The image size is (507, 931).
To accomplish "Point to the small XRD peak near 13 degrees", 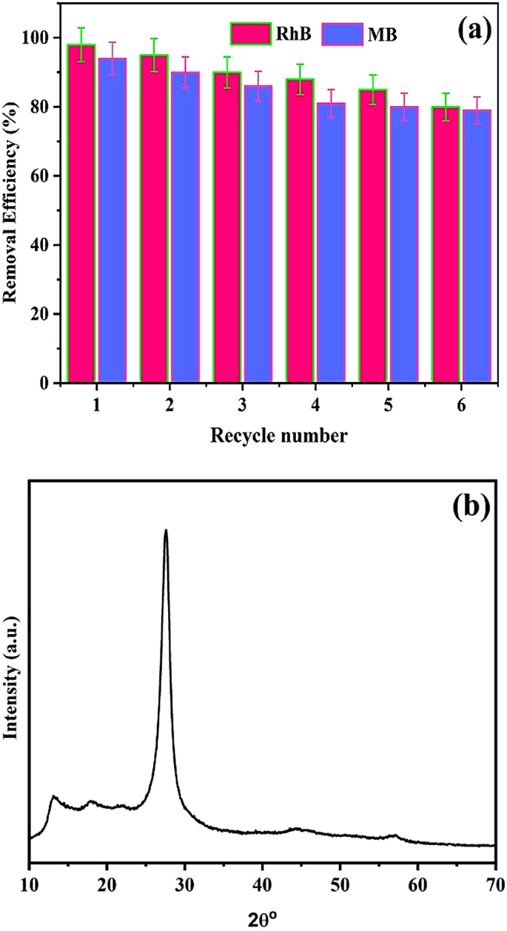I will click(x=53, y=798).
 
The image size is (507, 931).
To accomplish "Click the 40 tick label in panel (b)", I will click(x=262, y=883).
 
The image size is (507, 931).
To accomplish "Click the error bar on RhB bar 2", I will click(x=154, y=55).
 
